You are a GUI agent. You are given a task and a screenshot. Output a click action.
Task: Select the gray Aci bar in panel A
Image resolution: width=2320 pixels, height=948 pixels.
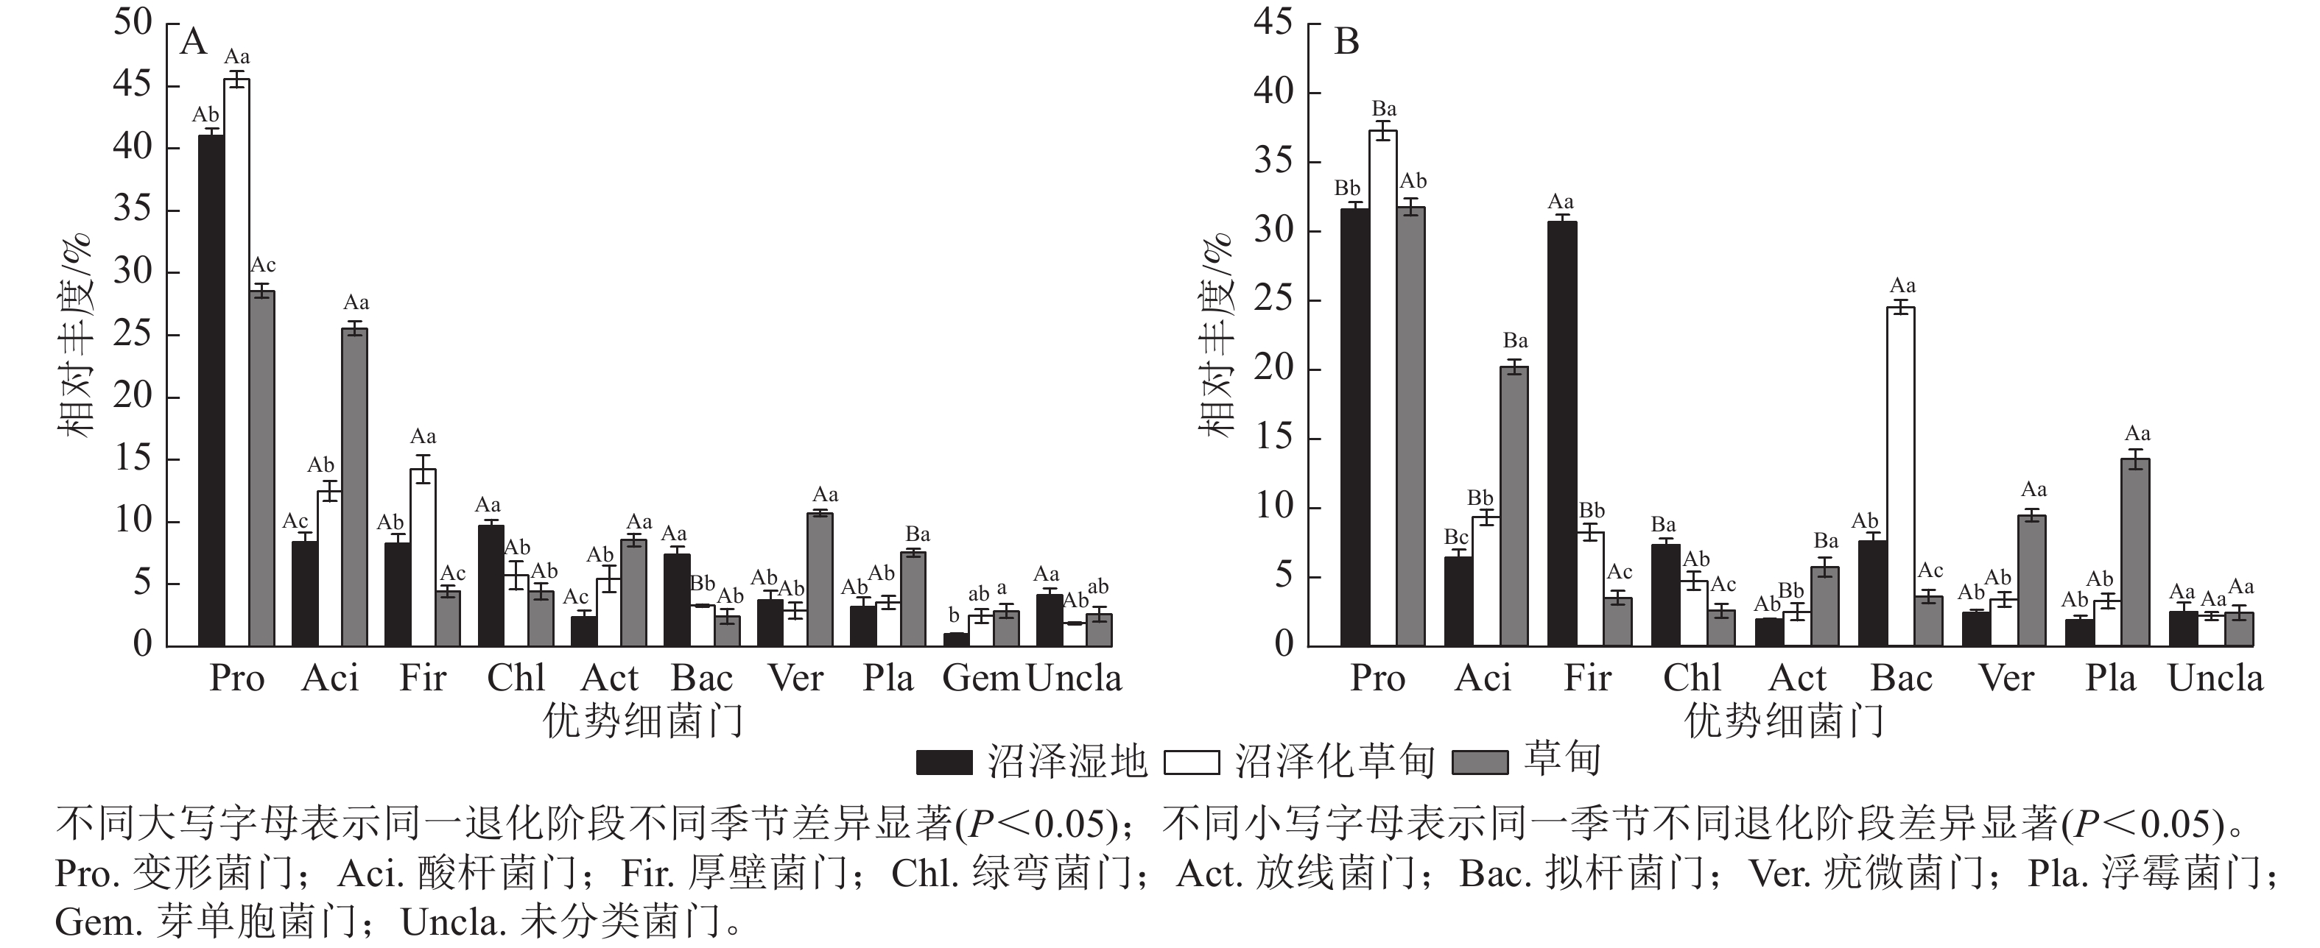point(355,487)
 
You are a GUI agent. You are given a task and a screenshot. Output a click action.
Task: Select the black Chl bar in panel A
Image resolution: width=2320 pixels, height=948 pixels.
point(491,585)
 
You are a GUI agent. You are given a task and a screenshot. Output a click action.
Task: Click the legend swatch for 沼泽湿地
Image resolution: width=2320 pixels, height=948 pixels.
point(944,763)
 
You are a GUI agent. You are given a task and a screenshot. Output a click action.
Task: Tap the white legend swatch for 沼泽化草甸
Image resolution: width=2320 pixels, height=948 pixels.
point(1191,763)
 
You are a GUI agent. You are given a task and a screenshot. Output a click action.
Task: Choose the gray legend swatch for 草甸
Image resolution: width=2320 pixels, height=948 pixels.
point(1480,763)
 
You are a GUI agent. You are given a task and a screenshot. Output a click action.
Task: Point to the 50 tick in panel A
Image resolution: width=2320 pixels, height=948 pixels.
point(133,23)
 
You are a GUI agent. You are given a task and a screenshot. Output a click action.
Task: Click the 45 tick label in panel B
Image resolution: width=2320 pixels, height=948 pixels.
point(1273,23)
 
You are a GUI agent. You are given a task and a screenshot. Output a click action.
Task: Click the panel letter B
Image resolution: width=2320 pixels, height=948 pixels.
point(1346,42)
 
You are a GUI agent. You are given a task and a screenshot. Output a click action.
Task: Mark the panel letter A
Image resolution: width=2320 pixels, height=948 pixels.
point(194,42)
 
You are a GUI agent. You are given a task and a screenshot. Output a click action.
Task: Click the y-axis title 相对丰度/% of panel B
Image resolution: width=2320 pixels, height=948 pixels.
point(1216,335)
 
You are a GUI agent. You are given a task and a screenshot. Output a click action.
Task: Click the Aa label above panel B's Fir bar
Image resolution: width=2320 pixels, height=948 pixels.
point(1561,202)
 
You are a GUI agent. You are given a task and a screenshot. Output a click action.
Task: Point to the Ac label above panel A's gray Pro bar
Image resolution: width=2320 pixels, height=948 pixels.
point(263,266)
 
